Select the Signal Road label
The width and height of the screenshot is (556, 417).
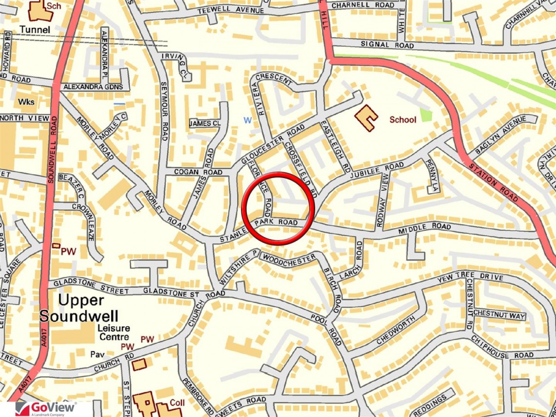(387, 45)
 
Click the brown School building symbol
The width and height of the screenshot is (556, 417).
(366, 118)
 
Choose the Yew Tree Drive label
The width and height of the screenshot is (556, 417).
(470, 278)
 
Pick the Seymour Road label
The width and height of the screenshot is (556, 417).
(164, 117)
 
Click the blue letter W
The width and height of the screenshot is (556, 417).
(248, 120)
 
